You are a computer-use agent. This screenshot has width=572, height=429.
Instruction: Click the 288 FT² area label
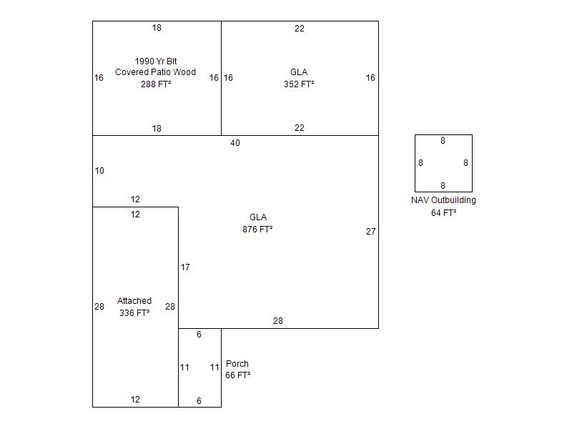[x=156, y=84]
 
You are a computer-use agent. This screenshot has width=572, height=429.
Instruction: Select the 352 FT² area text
[x=299, y=84]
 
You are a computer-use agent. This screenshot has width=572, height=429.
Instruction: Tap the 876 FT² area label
[x=257, y=230]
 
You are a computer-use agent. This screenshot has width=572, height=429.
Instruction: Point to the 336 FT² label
[x=134, y=313]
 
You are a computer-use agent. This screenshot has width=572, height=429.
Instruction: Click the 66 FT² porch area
[x=237, y=375]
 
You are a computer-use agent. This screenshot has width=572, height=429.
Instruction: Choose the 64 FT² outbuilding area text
[x=443, y=213]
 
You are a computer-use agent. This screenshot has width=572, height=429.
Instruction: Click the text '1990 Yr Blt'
[x=156, y=61]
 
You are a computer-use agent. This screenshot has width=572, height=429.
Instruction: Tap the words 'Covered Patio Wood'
[x=156, y=72]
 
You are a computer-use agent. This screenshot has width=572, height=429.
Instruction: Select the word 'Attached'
[x=134, y=301]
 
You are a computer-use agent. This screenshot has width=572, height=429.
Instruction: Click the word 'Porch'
[x=237, y=364]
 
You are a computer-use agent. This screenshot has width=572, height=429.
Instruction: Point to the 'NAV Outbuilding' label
[x=443, y=200]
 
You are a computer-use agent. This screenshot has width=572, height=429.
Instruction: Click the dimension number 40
[x=235, y=143]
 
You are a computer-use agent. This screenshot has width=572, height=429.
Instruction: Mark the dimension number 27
[x=370, y=232]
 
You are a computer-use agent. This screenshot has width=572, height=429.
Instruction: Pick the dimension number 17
[x=185, y=267]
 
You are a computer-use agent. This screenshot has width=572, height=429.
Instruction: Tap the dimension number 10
[x=99, y=171]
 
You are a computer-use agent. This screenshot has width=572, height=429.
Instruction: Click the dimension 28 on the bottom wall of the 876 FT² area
[x=277, y=321]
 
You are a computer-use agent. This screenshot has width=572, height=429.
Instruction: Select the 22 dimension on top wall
[x=300, y=29]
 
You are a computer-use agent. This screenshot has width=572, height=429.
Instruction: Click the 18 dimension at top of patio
[x=157, y=28]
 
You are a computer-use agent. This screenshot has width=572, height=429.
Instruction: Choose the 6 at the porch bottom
[x=199, y=401]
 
